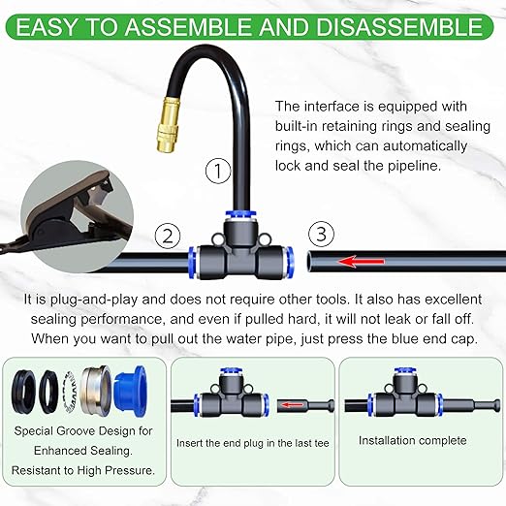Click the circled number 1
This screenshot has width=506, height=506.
[218, 173]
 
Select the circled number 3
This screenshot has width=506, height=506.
[323, 234]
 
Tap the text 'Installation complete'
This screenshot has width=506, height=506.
[412, 440]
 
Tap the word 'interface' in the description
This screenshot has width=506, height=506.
[337, 106]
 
